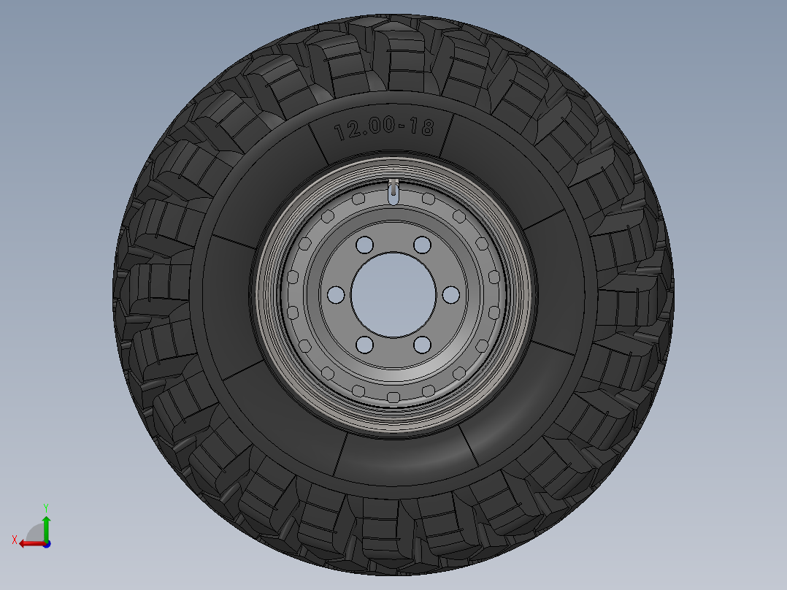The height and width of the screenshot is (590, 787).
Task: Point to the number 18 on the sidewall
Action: pos(421,127)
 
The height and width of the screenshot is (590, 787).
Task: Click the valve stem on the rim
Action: pos(393,191)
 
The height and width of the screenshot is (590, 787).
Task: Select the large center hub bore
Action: pos(393,294)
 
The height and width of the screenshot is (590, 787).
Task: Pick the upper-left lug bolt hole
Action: pos(365,244)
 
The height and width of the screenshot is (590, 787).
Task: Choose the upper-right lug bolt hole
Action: pos(422,244)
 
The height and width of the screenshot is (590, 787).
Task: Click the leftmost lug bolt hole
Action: pos(336,294)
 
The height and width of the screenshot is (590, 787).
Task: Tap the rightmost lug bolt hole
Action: pos(451,294)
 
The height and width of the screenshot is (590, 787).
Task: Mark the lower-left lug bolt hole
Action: pos(365,345)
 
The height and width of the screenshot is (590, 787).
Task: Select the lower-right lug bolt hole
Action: pos(422,345)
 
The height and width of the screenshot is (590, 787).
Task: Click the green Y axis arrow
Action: pos(45,526)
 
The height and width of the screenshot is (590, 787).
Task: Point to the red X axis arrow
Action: pos(29,543)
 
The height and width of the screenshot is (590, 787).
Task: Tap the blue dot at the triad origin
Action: pos(46,543)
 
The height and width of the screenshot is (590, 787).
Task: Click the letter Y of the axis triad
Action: pos(45,507)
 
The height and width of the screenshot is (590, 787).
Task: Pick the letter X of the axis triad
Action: pos(14,540)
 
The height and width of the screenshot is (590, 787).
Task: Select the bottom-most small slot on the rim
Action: pos(393,397)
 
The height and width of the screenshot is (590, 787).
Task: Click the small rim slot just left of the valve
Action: pos(358,199)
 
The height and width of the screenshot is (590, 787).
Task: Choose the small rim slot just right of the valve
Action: pos(429,199)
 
